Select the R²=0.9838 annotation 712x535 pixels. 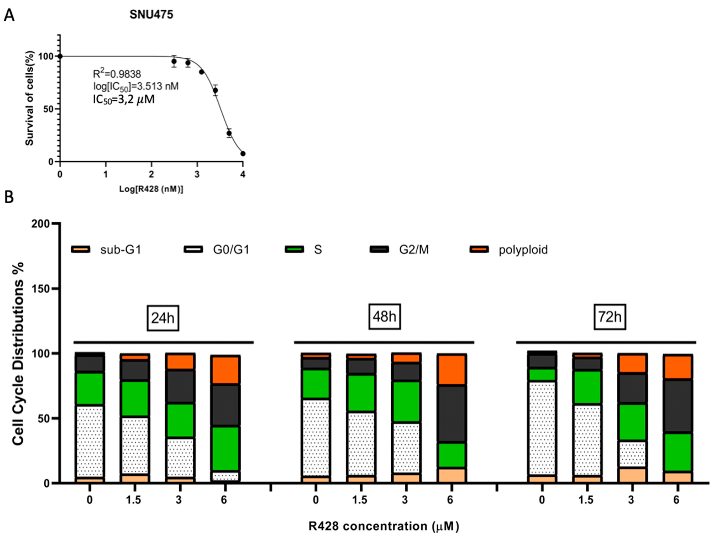[117, 74]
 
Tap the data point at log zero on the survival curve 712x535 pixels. [60, 56]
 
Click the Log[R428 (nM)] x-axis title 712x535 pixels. [151, 189]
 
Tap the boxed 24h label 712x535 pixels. [163, 318]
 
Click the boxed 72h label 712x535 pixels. [610, 317]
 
